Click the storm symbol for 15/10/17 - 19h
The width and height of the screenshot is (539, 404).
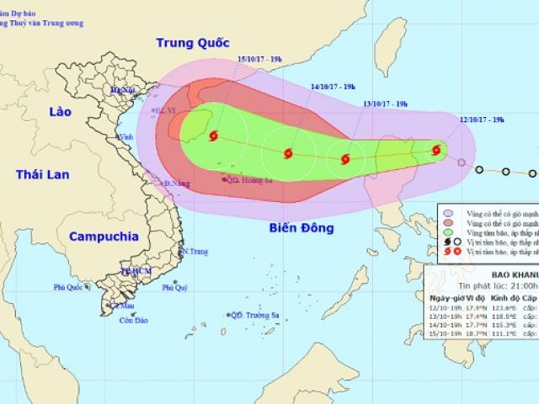(213, 136)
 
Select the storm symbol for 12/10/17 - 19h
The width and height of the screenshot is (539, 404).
(436, 150)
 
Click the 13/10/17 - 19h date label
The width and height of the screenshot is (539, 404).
(385, 104)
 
